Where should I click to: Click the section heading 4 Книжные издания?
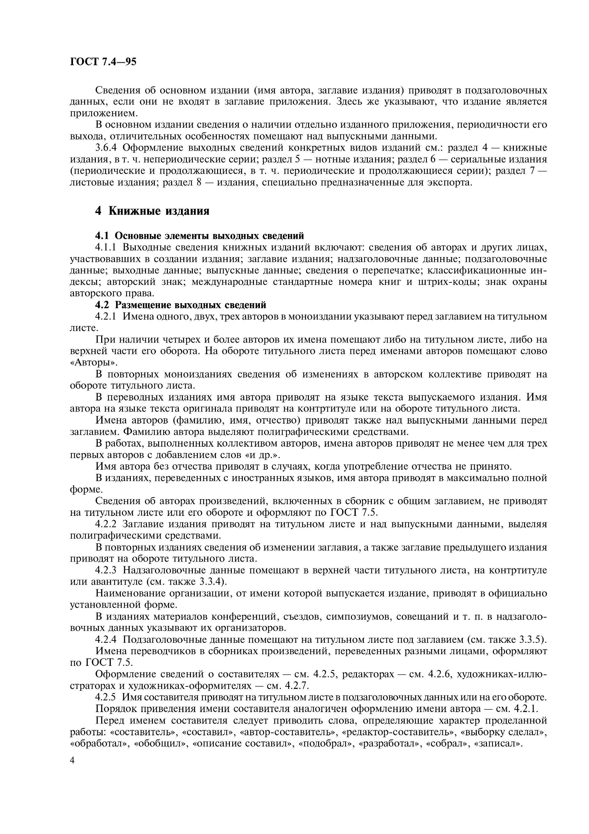pos(152,211)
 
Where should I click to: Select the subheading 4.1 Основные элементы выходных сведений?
pos(199,236)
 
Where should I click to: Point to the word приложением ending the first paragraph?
pos(103,113)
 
